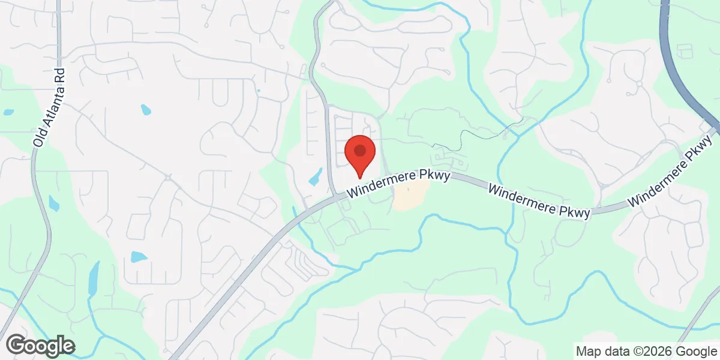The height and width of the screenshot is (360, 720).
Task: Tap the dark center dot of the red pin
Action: tap(360, 150)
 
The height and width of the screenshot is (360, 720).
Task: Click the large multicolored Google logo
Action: tap(41, 346)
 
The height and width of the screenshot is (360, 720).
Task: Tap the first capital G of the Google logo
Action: tap(18, 345)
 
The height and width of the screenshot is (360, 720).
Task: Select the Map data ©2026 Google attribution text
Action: tap(646, 351)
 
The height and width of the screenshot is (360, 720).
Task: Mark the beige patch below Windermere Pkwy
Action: tap(411, 195)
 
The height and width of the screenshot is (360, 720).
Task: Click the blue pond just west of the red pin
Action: tap(315, 177)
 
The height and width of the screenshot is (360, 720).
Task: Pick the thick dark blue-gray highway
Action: tap(678, 72)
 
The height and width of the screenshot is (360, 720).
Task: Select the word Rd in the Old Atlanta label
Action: tap(60, 77)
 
